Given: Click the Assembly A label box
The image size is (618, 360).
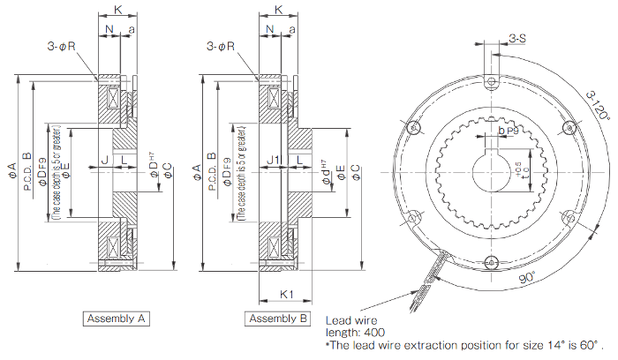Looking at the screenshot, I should point(118,318).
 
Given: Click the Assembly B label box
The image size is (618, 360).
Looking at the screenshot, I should point(278,318).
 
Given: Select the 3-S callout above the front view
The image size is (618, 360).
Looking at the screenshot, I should point(518,38).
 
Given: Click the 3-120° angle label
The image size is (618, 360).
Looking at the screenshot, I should point(596,103).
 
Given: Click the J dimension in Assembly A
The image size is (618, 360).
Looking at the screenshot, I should point(103,160).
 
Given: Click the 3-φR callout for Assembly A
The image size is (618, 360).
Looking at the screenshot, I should point(64,46).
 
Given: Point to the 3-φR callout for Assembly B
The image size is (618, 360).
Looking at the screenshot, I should point(221,46).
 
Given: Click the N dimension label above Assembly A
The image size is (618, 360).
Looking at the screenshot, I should point(109,29).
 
